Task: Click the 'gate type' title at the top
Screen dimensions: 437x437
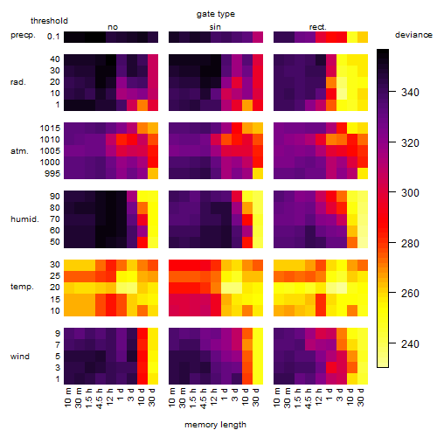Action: (x=216, y=14)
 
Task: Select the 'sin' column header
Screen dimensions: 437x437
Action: (x=215, y=27)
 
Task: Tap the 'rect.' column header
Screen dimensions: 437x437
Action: (x=317, y=27)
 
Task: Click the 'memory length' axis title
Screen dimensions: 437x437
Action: (x=215, y=425)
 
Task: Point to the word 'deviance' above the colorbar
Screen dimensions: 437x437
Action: (x=413, y=35)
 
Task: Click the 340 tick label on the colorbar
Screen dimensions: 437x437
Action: (x=410, y=93)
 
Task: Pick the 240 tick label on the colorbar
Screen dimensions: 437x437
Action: (x=410, y=344)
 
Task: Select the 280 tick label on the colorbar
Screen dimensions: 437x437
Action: (x=410, y=243)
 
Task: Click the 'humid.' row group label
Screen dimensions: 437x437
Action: (x=24, y=219)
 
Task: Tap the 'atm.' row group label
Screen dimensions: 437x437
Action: (x=19, y=151)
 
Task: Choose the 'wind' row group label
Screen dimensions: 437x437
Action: (x=20, y=357)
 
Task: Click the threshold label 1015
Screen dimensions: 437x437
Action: (x=50, y=128)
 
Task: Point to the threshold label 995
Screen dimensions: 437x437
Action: (x=52, y=174)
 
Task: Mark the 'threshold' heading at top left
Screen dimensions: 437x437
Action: (x=49, y=21)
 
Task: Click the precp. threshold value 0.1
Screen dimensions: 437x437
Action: (x=53, y=37)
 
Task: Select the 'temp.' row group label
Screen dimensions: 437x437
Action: (x=22, y=287)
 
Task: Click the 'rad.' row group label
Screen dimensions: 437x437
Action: (x=18, y=82)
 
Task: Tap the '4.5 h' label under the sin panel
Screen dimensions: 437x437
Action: (x=204, y=398)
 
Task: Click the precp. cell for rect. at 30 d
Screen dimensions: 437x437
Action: (x=363, y=37)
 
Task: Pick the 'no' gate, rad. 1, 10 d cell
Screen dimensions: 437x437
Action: (x=142, y=105)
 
